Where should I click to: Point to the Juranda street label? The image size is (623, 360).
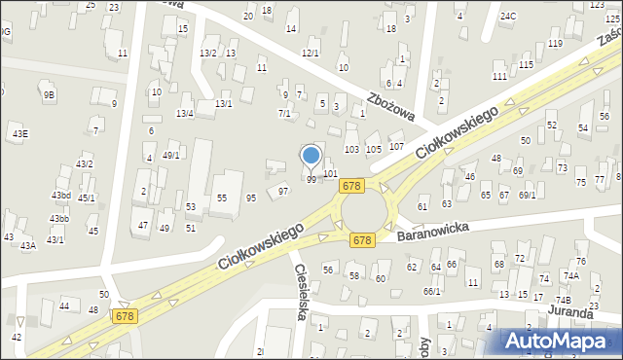pos(569,313)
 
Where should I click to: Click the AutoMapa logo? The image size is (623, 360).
pos(560,341)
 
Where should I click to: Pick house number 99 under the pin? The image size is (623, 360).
pos(311,180)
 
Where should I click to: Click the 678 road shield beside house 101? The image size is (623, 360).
pos(351,185)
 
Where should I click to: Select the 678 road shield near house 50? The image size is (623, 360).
pos(125,316)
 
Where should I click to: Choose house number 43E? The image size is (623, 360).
pos(19,133)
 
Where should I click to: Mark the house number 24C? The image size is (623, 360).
pos(508,17)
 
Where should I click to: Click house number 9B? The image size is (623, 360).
pos(49,94)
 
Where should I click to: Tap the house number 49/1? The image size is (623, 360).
pos(170,155)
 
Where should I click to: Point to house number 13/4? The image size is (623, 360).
pos(184,114)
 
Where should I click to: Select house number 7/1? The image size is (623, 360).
pos(284,114)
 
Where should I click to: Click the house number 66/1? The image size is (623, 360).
pos(431,291)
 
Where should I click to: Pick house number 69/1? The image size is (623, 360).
pos(528,195)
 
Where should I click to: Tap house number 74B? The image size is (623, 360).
pos(563,301)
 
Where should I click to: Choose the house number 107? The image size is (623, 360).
pos(396,146)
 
